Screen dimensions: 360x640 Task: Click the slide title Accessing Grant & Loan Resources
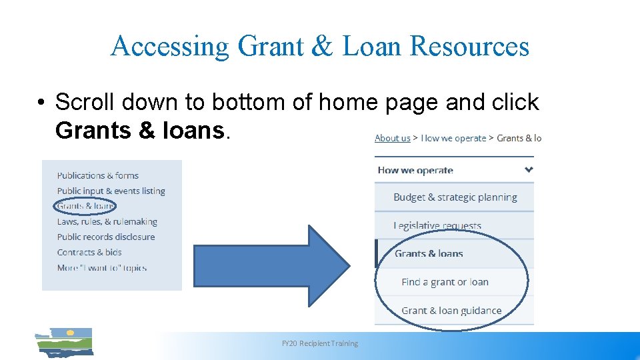(319, 46)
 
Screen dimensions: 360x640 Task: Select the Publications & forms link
(97, 175)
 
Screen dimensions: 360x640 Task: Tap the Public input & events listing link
(111, 191)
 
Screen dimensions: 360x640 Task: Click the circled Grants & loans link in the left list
(85, 206)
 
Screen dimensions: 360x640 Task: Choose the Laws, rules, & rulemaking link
(107, 221)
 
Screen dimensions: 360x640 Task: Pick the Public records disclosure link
(105, 237)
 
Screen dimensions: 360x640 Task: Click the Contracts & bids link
(89, 252)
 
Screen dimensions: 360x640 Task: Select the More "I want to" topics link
(101, 267)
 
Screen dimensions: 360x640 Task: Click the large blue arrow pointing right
(270, 265)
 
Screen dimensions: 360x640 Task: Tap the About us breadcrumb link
(392, 138)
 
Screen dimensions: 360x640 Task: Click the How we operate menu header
(415, 170)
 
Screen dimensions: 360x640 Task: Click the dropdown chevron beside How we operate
(529, 169)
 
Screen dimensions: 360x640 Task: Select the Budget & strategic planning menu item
(455, 197)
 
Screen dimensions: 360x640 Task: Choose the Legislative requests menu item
(437, 226)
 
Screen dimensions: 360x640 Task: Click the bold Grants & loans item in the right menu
(429, 253)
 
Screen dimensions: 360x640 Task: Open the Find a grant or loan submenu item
(445, 282)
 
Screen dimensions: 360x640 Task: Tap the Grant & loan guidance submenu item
(451, 311)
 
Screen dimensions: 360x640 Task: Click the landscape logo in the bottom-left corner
(64, 342)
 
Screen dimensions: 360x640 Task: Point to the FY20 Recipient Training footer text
(319, 343)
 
